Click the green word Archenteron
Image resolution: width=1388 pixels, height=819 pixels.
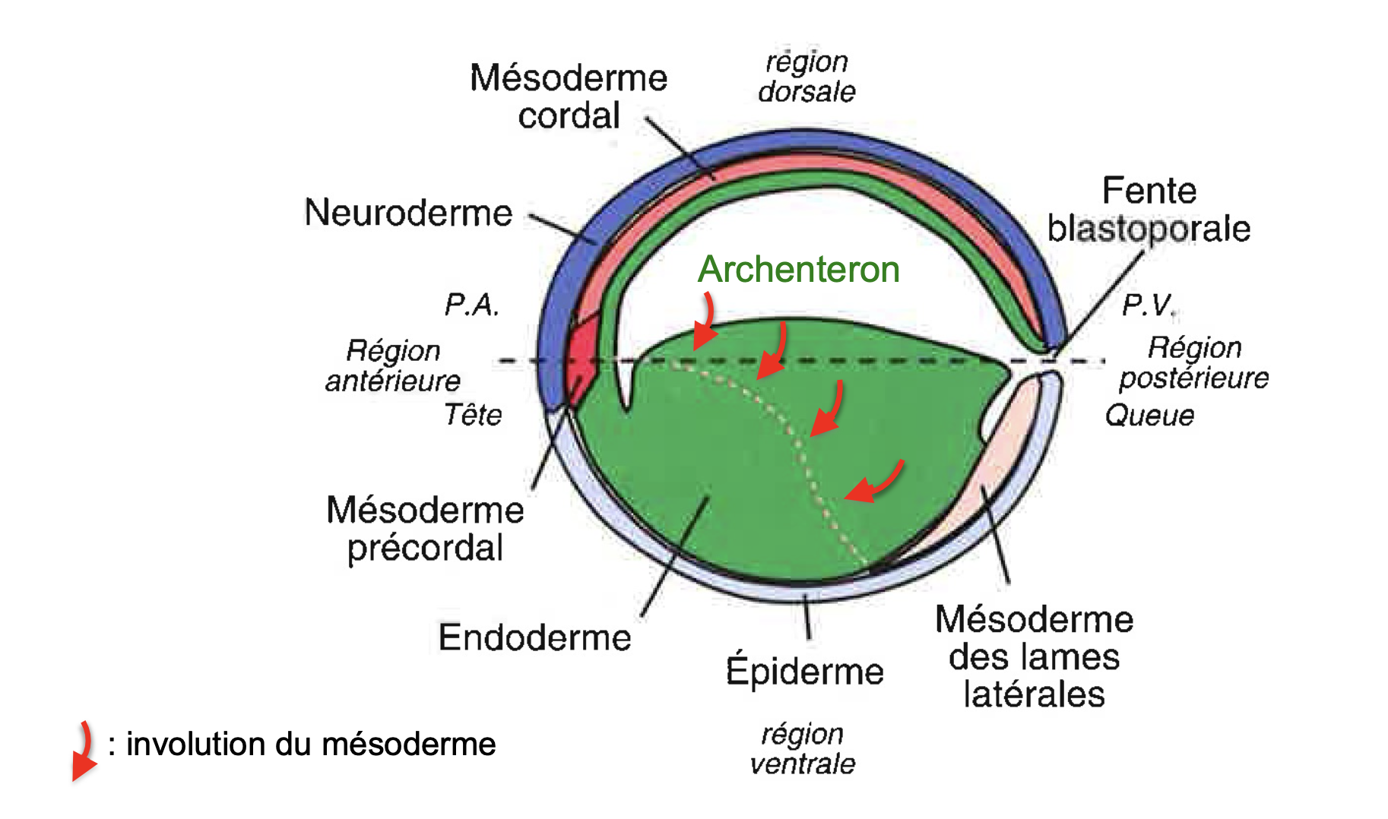pyautogui.click(x=799, y=269)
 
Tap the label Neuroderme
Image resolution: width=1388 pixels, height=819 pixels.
pyautogui.click(x=409, y=213)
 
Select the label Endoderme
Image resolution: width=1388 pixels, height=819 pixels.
pyautogui.click(x=535, y=637)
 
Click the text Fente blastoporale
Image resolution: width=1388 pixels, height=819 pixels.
pyautogui.click(x=1149, y=209)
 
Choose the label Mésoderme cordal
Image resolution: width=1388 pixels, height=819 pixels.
pyautogui.click(x=569, y=96)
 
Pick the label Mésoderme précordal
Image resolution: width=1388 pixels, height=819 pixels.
pyautogui.click(x=426, y=529)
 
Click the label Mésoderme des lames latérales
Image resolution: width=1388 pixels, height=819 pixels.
pyautogui.click(x=1035, y=656)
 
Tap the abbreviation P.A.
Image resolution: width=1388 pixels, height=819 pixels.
pyautogui.click(x=472, y=305)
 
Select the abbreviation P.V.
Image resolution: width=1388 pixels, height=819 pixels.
pyautogui.click(x=1149, y=305)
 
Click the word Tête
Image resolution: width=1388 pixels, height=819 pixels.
pyautogui.click(x=473, y=415)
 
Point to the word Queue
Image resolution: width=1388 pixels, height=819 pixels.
pyautogui.click(x=1149, y=416)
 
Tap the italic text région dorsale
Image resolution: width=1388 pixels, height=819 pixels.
pyautogui.click(x=806, y=76)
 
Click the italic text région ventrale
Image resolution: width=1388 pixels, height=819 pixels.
pyautogui.click(x=803, y=748)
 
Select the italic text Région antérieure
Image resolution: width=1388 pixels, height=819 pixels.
pyautogui.click(x=393, y=365)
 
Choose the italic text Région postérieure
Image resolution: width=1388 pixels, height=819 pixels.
pyautogui.click(x=1194, y=362)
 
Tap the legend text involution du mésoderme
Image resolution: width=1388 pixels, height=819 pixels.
pyautogui.click(x=311, y=744)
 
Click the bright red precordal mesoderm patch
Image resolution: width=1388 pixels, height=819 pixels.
pyautogui.click(x=583, y=357)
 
